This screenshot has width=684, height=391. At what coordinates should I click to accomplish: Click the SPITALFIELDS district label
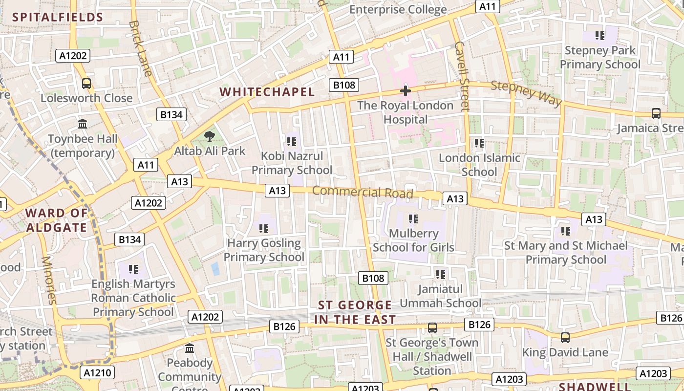click(x=58, y=18)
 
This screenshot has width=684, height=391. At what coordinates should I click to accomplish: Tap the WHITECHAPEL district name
click(x=267, y=92)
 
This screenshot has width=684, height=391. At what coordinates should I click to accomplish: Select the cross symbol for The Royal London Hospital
click(x=405, y=91)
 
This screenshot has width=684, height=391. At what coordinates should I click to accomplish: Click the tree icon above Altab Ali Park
click(x=210, y=136)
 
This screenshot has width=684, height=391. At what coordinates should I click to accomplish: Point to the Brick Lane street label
click(x=141, y=48)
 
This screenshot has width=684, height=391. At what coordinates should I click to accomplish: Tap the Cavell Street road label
click(x=462, y=76)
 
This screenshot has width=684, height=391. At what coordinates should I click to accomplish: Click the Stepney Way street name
click(x=526, y=92)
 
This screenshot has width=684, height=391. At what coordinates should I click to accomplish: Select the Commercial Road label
click(x=363, y=192)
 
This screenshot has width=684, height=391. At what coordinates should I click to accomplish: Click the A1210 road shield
click(x=97, y=373)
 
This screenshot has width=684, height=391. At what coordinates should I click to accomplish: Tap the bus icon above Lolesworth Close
click(x=86, y=84)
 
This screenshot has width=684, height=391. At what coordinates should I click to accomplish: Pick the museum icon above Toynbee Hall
click(x=83, y=124)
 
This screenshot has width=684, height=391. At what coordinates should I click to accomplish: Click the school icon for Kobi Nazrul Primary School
click(x=292, y=142)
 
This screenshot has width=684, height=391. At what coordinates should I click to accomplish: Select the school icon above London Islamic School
click(x=479, y=143)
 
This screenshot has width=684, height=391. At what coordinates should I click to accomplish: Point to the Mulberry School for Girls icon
click(x=413, y=218)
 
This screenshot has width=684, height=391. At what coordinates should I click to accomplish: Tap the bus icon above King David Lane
click(x=565, y=337)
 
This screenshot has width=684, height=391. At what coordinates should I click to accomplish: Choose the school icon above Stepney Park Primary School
click(x=600, y=35)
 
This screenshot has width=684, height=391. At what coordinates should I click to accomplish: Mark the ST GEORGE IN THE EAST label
click(x=355, y=312)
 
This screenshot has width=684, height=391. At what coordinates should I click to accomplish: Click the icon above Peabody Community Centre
click(x=190, y=348)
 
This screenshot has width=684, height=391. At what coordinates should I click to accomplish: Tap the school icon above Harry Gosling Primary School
click(x=264, y=228)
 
